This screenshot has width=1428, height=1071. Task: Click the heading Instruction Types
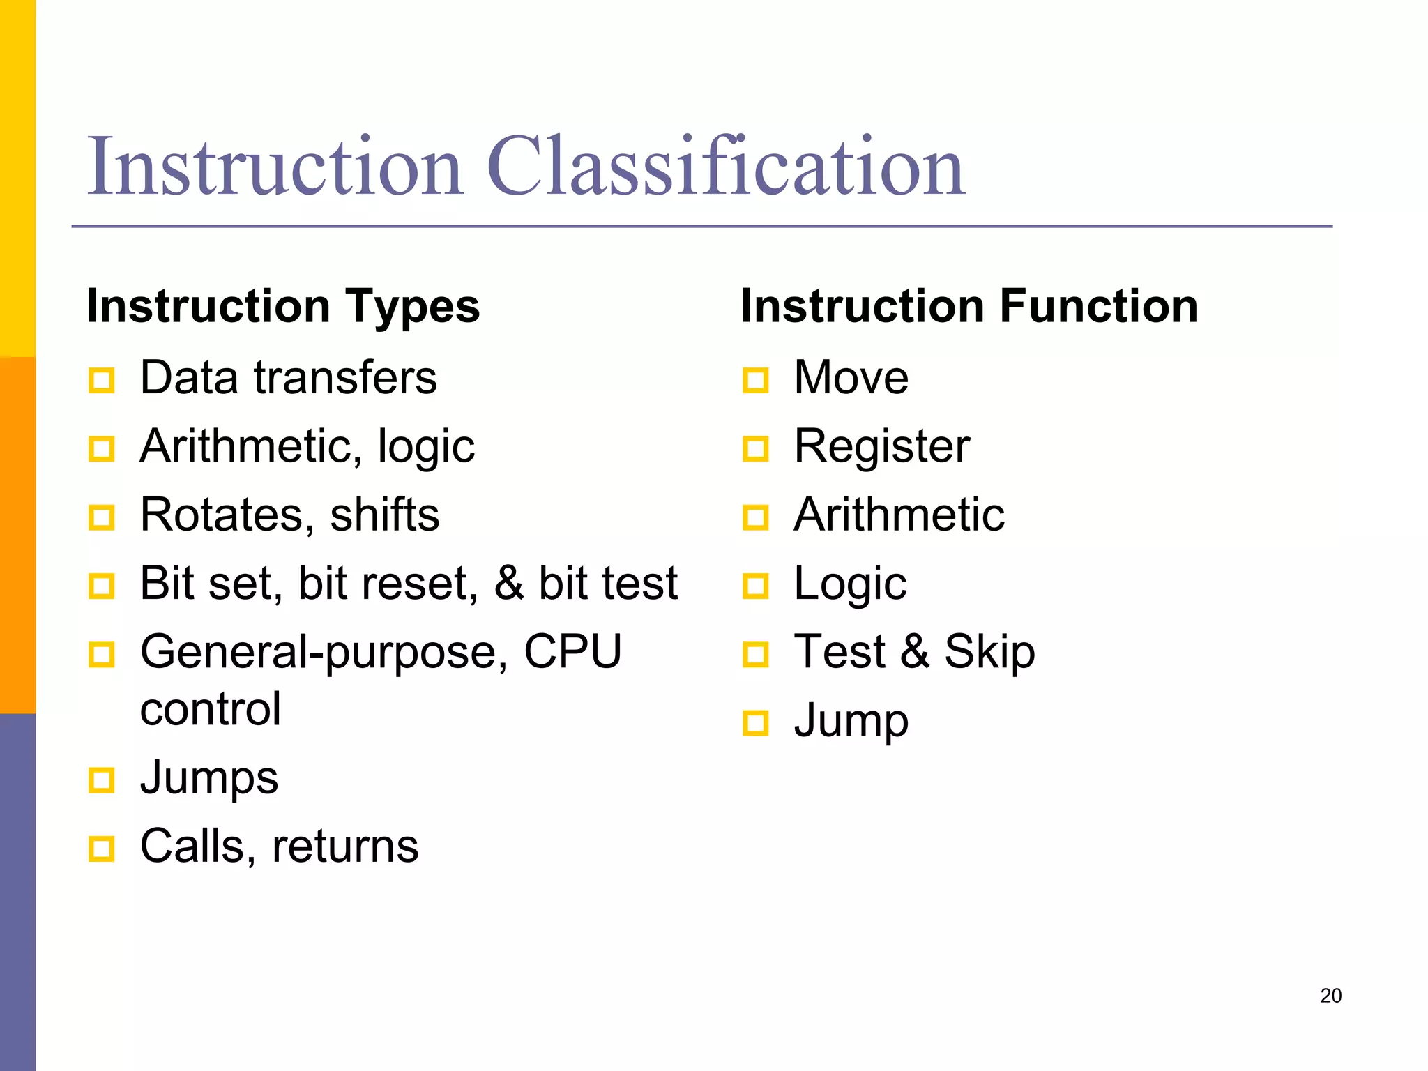point(283,306)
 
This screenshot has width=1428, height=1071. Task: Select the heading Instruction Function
point(969,306)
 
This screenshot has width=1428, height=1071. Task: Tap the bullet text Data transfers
point(288,378)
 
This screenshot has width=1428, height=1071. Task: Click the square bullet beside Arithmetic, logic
point(102,449)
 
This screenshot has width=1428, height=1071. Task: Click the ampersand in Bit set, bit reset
point(508,584)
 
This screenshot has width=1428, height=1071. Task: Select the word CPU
point(572,652)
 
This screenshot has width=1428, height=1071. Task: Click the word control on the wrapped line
point(211,709)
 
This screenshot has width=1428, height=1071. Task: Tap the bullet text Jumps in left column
point(208,777)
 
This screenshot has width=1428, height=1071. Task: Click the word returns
point(345,846)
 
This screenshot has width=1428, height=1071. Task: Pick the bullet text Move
point(851,378)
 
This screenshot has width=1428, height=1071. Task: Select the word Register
point(881,446)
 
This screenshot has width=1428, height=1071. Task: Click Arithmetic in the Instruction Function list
point(899,515)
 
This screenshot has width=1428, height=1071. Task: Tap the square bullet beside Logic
point(756,586)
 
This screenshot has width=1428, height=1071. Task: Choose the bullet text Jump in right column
point(851,721)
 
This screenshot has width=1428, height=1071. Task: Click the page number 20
point(1330,996)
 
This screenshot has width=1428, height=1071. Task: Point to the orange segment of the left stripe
point(17,535)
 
